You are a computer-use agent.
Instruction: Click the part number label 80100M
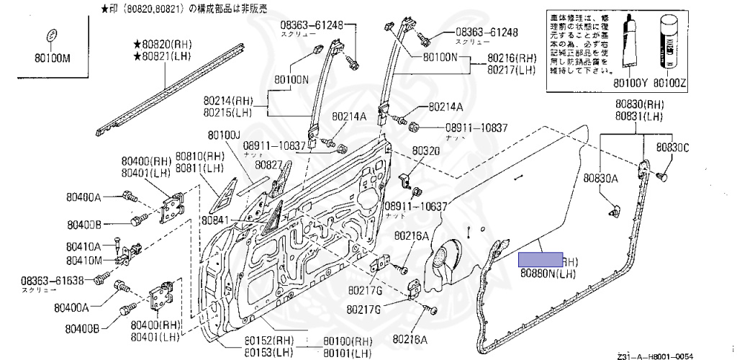53,58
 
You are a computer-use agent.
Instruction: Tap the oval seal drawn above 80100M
52,36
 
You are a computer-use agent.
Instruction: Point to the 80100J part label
224,135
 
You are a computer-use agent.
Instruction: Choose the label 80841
215,220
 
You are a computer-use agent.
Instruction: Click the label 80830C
672,148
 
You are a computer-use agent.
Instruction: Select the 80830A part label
601,178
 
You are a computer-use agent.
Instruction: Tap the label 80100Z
669,84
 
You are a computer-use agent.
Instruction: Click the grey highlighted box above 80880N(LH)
541,260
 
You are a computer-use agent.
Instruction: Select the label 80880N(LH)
549,274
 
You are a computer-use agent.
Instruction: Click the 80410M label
85,260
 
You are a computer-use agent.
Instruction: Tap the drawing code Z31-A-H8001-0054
657,356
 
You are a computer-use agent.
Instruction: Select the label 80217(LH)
512,70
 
